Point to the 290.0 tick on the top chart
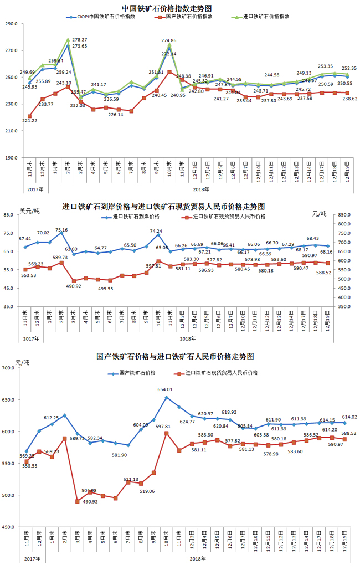11,24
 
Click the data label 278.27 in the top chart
80,40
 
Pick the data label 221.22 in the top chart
30,121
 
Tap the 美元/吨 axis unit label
29,211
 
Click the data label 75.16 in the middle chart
61,230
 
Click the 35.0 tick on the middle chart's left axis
12,306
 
